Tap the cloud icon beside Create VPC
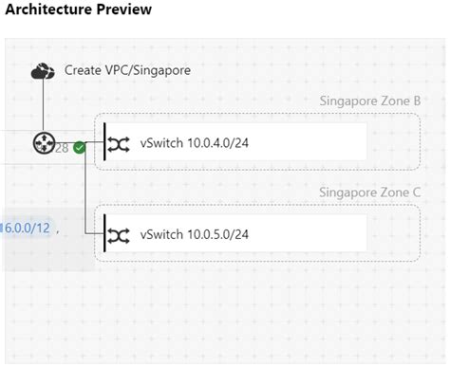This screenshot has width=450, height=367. click(x=43, y=70)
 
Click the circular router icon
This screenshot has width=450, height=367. click(x=43, y=143)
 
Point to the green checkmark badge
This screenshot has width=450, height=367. click(x=79, y=147)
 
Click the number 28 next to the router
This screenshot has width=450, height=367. click(x=62, y=147)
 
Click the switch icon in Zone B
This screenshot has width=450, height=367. click(x=119, y=143)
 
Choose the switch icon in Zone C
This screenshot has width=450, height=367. click(x=119, y=234)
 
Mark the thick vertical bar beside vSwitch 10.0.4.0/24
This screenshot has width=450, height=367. click(x=103, y=143)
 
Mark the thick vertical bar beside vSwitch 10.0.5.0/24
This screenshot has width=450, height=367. click(x=103, y=234)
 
